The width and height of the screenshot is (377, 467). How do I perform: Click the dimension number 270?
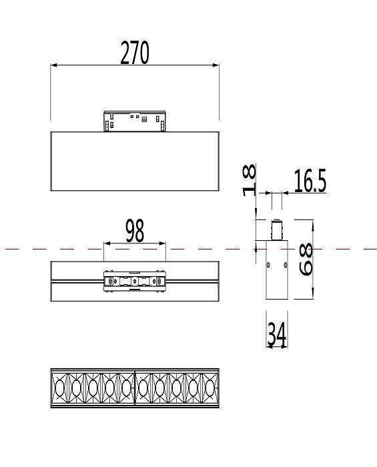pos(135,53)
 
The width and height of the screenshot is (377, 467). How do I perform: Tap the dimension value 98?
pos(135,231)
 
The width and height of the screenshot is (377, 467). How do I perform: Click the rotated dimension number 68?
pos(306,260)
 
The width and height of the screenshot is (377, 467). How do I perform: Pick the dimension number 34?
pos(276,334)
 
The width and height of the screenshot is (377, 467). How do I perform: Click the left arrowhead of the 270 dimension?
pos(54,65)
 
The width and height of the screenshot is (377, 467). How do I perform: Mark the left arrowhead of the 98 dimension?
pos(106,244)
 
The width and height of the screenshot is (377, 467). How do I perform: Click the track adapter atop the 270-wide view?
pos(135,121)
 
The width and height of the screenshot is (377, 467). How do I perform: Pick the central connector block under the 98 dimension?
pos(135,282)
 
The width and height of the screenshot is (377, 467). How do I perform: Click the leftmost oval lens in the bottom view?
pos(60,388)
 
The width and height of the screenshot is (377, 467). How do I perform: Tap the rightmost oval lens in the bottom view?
pos(210,388)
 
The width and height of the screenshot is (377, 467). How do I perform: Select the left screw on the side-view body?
pos(268,265)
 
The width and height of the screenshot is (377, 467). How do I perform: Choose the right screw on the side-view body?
pos(285,265)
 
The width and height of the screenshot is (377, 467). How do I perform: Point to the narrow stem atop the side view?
pos(276,230)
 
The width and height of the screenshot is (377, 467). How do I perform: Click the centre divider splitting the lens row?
pos(135,388)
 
